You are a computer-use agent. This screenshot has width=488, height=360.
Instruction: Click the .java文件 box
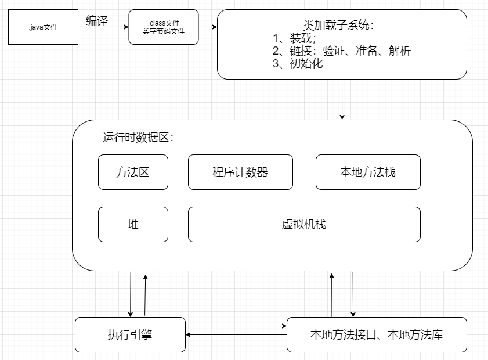[x=43, y=27]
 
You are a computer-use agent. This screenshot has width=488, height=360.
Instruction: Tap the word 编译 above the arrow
[x=97, y=21]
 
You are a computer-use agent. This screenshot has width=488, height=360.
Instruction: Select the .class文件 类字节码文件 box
[x=164, y=27]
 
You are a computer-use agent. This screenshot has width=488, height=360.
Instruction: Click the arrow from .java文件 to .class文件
[x=103, y=27]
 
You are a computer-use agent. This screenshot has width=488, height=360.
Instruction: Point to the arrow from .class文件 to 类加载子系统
[x=208, y=27]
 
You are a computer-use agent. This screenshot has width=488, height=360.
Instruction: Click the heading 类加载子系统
[x=339, y=26]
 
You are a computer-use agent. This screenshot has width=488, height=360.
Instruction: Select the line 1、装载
[x=294, y=39]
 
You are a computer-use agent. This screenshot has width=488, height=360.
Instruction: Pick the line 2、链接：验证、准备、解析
[x=342, y=51]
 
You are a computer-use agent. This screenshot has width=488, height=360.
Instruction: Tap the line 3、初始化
[x=298, y=64]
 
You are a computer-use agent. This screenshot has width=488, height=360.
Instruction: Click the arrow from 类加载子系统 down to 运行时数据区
[x=342, y=99]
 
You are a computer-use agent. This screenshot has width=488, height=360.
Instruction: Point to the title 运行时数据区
[x=139, y=138]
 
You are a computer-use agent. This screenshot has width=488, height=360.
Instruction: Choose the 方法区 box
[x=133, y=172]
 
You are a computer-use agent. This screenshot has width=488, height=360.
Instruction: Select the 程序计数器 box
[x=240, y=172]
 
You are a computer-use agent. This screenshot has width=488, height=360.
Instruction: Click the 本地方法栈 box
[x=368, y=172]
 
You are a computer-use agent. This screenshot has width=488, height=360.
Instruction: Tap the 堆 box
[x=133, y=224]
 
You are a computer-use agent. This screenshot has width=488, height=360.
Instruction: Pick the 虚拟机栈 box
[x=304, y=224]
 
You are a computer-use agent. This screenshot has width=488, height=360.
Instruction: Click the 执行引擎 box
[x=130, y=334]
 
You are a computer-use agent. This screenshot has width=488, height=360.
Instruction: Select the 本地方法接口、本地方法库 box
[x=377, y=334]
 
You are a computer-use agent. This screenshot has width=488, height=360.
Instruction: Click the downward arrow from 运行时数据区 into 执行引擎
[x=131, y=294]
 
